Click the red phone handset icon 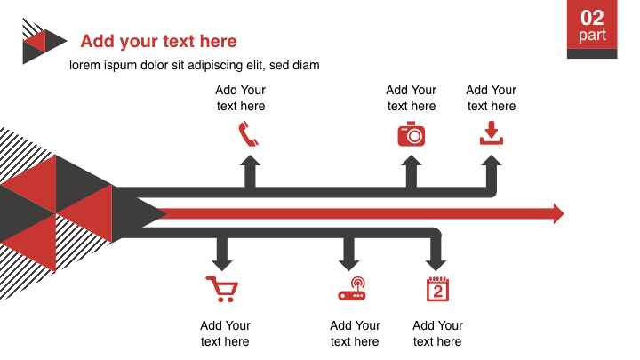[x=249, y=134]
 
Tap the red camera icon [x=411, y=134]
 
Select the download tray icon [x=492, y=133]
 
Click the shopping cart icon [x=222, y=290]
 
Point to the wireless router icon [x=352, y=289]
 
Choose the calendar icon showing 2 [x=437, y=289]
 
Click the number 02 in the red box [x=592, y=18]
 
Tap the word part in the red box [x=592, y=35]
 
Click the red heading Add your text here [x=158, y=41]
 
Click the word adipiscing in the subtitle [x=215, y=66]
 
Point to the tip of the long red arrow [x=564, y=213]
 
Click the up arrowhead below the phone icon [x=250, y=160]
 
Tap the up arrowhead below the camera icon [x=411, y=160]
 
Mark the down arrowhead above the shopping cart [x=222, y=265]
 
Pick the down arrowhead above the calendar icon [x=436, y=265]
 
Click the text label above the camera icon [x=411, y=98]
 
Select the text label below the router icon [x=355, y=333]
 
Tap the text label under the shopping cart [x=225, y=333]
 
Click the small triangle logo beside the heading [x=44, y=41]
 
